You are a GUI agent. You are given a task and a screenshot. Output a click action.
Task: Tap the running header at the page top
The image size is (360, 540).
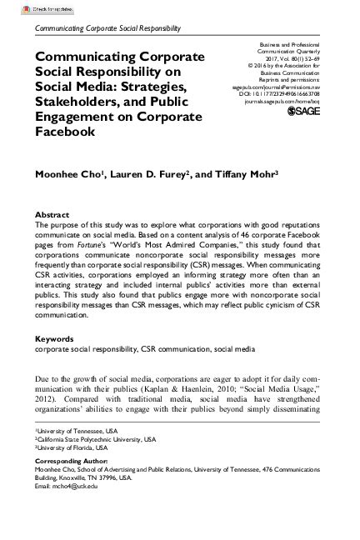(x=105, y=27)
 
